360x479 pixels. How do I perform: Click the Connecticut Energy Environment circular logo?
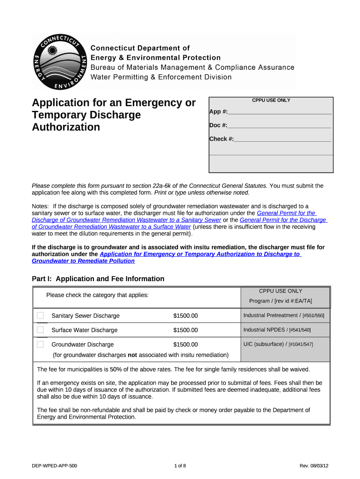(59, 61)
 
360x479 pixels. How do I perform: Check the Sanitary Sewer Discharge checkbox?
(40, 316)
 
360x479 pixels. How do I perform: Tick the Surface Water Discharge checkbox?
(40, 330)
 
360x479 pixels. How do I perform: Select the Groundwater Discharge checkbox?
(40, 345)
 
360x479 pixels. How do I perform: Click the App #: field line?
(279, 112)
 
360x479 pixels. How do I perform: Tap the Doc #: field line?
(279, 126)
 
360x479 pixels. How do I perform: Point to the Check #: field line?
(282, 139)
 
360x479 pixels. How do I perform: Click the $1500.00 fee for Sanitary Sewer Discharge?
(186, 316)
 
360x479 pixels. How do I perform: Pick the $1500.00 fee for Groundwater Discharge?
(186, 345)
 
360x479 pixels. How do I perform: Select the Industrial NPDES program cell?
(277, 330)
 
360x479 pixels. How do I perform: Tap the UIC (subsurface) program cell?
(278, 344)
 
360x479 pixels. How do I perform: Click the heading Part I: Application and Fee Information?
(98, 279)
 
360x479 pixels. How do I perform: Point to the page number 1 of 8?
(180, 466)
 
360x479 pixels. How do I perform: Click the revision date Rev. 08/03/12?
(315, 466)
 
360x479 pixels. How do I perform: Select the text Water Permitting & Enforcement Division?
(161, 77)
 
